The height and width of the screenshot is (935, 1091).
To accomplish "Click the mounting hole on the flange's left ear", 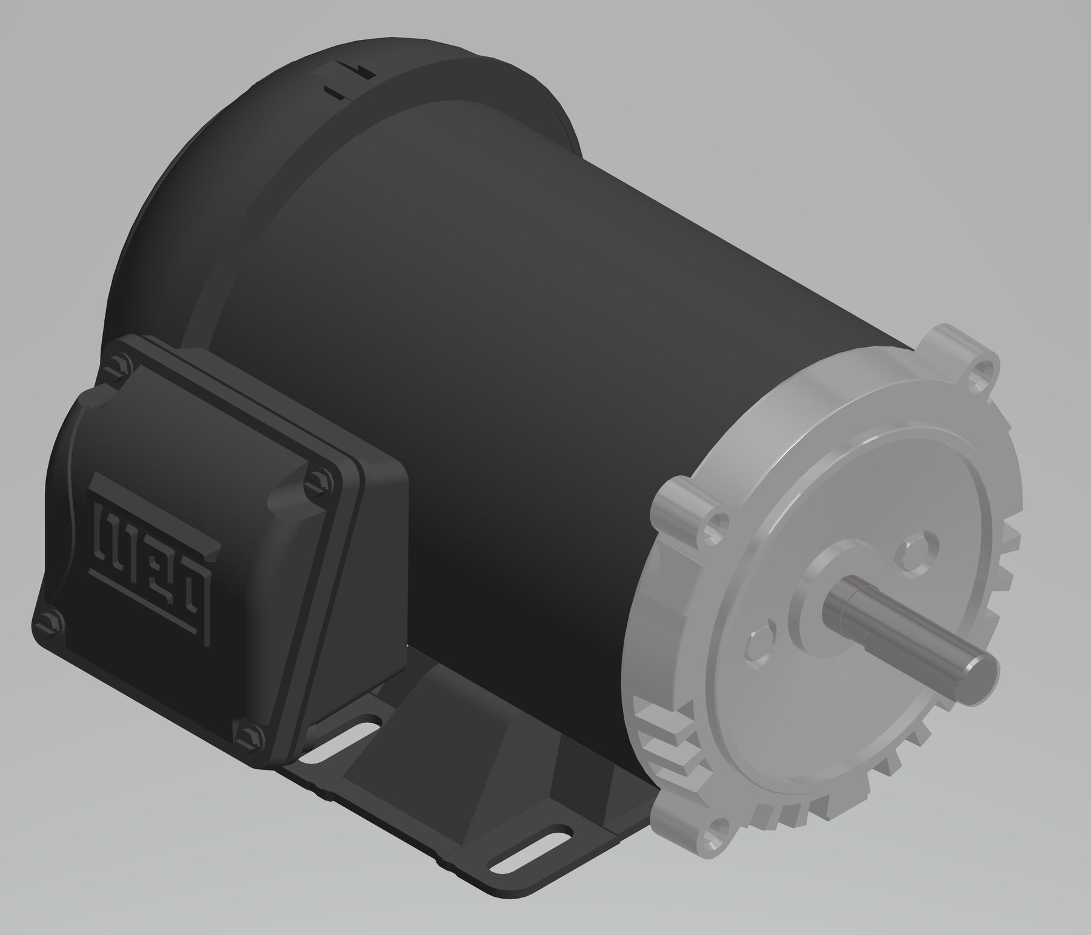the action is click(720, 521).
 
